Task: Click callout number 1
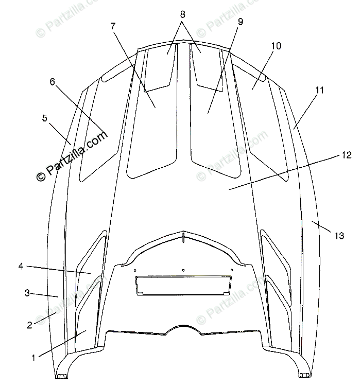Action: [34, 357]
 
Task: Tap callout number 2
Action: [29, 325]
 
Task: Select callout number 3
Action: [27, 293]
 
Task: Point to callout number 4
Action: [21, 266]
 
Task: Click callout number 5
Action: [45, 118]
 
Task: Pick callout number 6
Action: [52, 81]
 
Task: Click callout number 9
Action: [241, 22]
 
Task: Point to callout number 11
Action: [319, 90]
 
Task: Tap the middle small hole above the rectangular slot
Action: [183, 270]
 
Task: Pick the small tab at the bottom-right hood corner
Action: [304, 375]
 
